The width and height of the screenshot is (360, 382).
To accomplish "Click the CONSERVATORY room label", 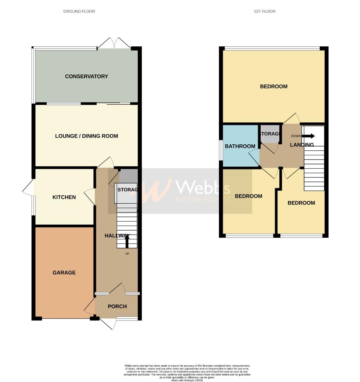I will [x=86, y=76].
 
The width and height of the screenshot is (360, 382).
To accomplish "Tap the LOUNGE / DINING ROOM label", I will [x=86, y=136].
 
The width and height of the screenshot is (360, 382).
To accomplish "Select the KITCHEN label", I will [x=64, y=197].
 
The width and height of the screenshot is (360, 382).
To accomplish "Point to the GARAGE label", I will [x=64, y=273].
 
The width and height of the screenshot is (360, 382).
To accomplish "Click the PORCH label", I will [x=117, y=306].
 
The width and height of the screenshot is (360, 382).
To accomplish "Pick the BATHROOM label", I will [x=240, y=146].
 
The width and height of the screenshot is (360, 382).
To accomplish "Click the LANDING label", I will [x=302, y=145].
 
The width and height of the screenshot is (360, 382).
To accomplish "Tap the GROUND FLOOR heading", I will [x=79, y=11].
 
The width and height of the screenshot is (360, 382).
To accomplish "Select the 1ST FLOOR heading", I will [x=265, y=11].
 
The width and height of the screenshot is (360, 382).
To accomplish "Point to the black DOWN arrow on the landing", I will [x=308, y=136].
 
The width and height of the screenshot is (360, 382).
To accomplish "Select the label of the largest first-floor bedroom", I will [x=274, y=86].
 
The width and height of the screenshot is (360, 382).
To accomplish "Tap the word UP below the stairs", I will [x=127, y=254].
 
